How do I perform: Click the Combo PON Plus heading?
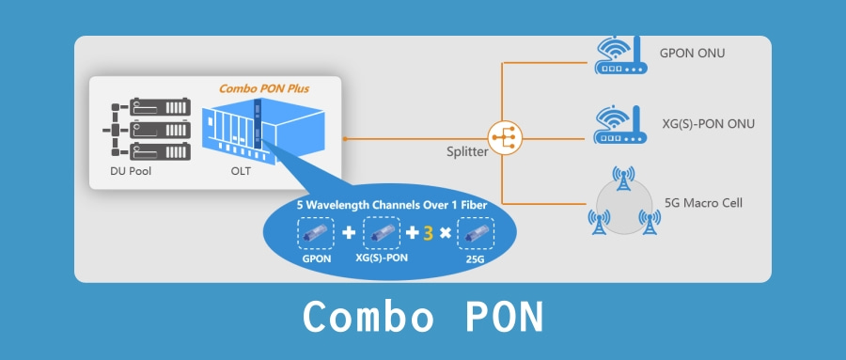264,88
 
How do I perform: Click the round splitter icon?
505,138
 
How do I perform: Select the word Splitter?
467,151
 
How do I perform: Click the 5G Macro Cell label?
705,201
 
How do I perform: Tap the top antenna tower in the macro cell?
621,180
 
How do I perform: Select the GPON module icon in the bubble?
315,232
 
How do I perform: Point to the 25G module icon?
476,232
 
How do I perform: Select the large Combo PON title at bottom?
423,319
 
